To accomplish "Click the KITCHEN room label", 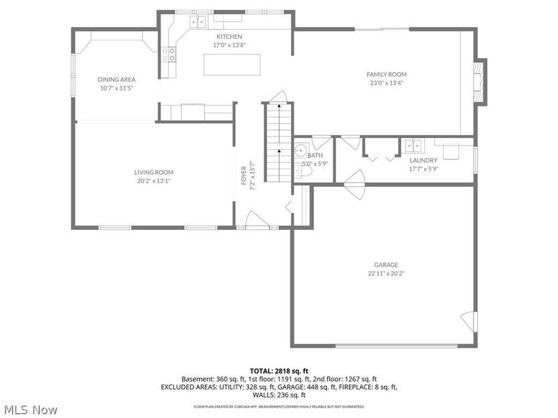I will pos(229,36).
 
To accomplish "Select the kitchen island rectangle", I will pos(232,64).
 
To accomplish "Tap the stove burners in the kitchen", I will pos(169,54).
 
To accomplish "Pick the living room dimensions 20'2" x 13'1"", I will pos(153,181).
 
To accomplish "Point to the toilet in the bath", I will pos(300,171).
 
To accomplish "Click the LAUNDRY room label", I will pos(423,160).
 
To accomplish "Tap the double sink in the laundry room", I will pos(414,145).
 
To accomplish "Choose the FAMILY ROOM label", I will pos(386,74).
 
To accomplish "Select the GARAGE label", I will pos(386,265).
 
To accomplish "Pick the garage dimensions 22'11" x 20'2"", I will pos(386,274).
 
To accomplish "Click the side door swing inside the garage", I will pos(468,321).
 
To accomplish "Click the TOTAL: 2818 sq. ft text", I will pos(278,370).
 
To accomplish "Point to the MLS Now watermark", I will pos(30,410).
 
